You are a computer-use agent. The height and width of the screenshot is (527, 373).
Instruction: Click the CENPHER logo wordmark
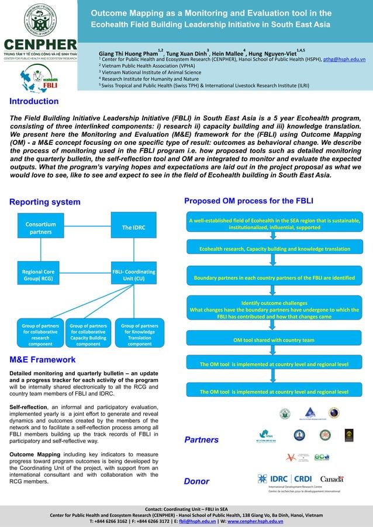40,46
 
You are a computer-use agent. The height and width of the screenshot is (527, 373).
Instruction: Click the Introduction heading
33,102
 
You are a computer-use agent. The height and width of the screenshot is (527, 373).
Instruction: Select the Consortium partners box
40,228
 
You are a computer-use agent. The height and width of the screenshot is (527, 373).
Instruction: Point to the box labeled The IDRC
133,227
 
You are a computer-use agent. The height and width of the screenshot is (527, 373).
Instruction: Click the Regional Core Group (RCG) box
37,275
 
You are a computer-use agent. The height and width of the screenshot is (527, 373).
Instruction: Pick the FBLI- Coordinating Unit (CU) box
133,275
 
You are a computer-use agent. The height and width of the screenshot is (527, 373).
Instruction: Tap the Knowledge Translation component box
140,335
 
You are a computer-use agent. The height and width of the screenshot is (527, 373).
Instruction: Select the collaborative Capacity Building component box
88,335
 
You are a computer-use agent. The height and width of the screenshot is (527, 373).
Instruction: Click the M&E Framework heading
43,360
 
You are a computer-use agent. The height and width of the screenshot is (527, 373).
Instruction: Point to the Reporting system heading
45,202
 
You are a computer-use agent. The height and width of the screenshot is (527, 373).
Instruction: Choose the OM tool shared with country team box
274,340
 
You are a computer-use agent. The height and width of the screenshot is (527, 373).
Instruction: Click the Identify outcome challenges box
274,310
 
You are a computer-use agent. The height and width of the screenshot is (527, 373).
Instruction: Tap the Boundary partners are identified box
274,277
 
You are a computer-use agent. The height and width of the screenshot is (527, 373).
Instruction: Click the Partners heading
202,439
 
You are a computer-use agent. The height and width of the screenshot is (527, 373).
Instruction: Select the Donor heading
196,481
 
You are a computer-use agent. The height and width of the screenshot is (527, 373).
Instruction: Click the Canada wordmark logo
331,479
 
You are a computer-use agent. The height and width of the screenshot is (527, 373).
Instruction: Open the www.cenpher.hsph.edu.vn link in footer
253,521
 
